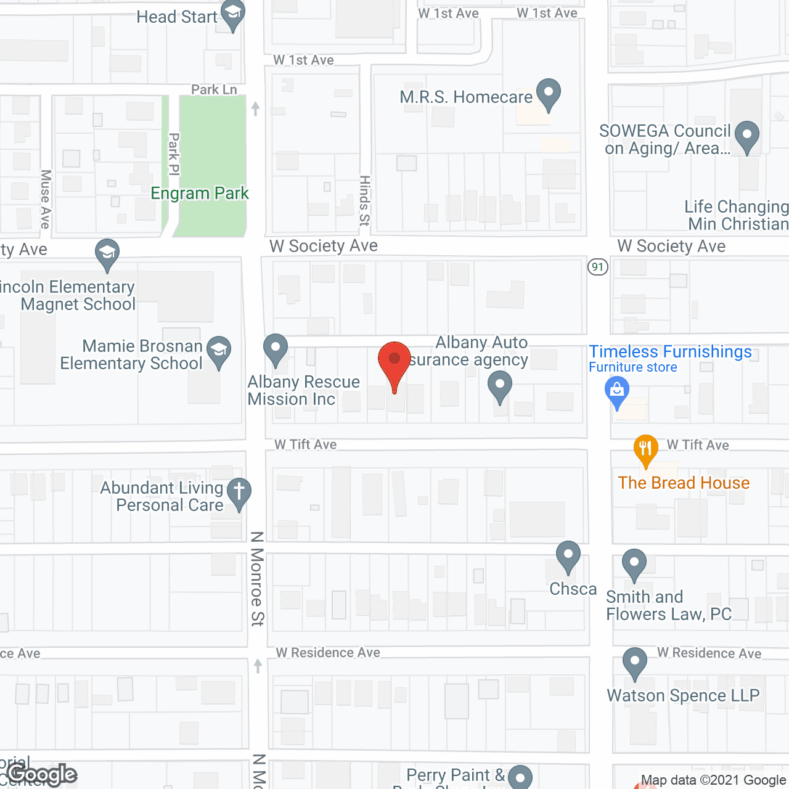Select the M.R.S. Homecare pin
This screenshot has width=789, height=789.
[x=548, y=94]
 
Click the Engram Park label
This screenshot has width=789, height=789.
[x=200, y=194]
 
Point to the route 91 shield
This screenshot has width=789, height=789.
[x=597, y=267]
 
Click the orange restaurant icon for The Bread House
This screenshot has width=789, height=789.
[x=645, y=450]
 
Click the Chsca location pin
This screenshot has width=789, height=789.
[x=568, y=556]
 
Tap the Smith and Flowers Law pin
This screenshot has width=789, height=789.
[x=634, y=564]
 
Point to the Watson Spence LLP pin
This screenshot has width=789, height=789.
[x=634, y=663]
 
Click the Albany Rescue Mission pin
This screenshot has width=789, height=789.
[x=276, y=349]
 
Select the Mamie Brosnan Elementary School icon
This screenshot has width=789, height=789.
[x=219, y=351]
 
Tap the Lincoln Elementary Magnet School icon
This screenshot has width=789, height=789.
[x=107, y=253]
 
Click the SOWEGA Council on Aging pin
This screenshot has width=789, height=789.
[x=747, y=136]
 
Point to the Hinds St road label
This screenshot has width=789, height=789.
[x=365, y=200]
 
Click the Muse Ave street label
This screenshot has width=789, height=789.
[x=46, y=199]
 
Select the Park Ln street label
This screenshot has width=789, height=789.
[x=214, y=90]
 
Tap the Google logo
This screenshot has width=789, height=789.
[x=42, y=775]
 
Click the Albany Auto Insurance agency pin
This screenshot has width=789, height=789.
[x=500, y=386]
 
